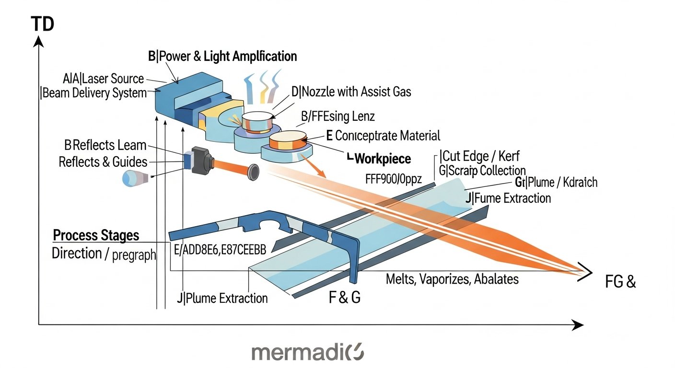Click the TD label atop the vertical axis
coord(42,23)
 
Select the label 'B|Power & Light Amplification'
coord(222,57)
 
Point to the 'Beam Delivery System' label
coord(94,93)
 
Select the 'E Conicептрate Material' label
coord(383,136)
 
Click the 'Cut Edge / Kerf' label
coord(479,156)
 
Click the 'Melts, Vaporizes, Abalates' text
coord(452,279)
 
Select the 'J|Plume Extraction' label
coord(222,299)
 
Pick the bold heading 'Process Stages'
coord(96,236)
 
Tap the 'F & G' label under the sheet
coord(344,298)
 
